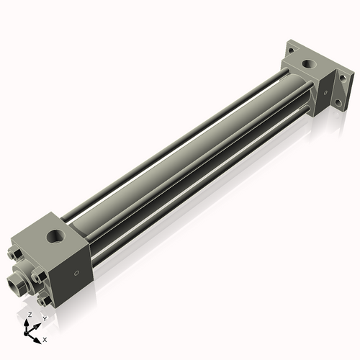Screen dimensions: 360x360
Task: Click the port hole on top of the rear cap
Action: (x=308, y=64)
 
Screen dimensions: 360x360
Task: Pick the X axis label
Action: (x=45, y=338)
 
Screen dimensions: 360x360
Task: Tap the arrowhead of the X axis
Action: (x=39, y=336)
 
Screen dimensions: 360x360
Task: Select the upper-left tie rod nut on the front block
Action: (x=16, y=254)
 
